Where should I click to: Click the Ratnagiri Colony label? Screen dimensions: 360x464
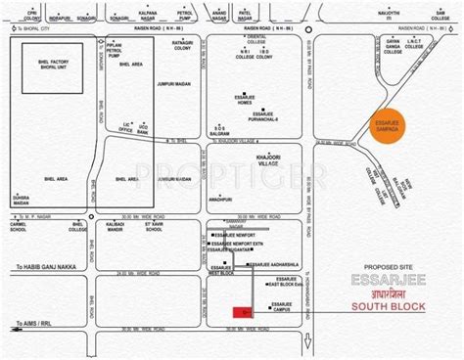click(182, 73)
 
